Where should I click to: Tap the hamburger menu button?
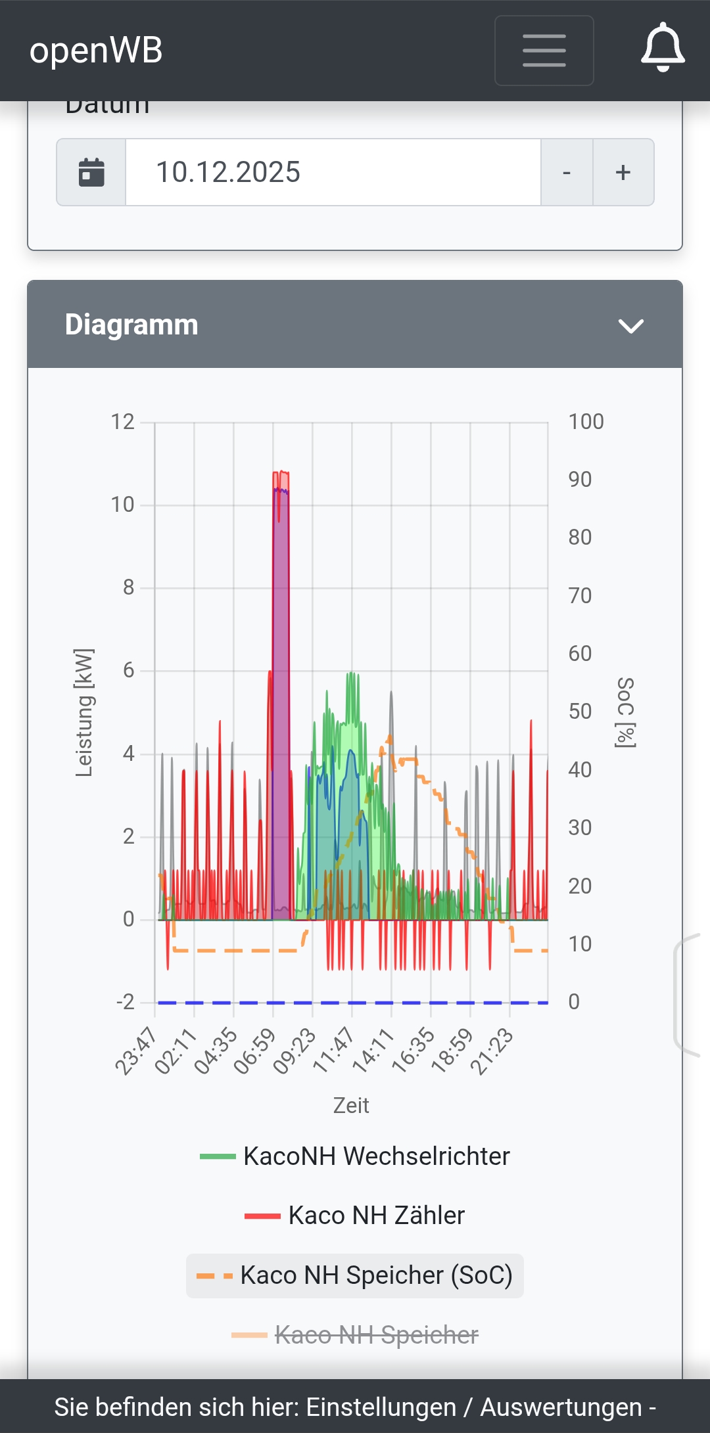click(544, 51)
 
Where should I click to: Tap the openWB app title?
click(96, 51)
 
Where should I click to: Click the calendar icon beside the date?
click(91, 172)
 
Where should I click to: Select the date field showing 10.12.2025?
click(333, 172)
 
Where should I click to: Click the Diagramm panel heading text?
click(131, 325)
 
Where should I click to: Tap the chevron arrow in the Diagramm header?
click(630, 326)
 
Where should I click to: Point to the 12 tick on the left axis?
click(122, 422)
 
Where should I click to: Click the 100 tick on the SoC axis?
click(585, 422)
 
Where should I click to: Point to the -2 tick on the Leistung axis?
click(125, 1002)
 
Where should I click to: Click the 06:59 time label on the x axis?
click(255, 1051)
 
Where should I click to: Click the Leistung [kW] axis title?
click(84, 712)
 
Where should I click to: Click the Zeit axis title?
click(351, 1105)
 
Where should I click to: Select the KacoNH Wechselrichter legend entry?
click(355, 1156)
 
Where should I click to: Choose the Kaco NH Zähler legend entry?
click(355, 1216)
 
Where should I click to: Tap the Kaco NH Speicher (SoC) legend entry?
click(355, 1275)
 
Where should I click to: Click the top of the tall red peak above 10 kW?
click(281, 472)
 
